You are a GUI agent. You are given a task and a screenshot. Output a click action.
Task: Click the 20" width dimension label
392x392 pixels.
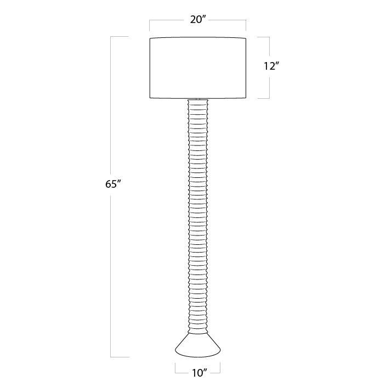click(x=198, y=20)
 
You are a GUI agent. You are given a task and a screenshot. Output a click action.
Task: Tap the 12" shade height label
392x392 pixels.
click(x=271, y=66)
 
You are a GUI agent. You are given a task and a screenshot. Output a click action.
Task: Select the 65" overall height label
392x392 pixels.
click(x=113, y=184)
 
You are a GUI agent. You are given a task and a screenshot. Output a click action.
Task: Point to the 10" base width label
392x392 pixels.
click(x=200, y=373)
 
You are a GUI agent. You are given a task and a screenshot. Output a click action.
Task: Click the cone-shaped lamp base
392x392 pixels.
click(x=198, y=345)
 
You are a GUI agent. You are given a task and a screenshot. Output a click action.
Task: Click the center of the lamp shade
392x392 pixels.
click(x=198, y=68)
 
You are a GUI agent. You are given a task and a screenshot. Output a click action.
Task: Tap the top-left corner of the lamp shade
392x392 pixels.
click(x=150, y=38)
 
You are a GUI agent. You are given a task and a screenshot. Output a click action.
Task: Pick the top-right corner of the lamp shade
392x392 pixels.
click(x=246, y=38)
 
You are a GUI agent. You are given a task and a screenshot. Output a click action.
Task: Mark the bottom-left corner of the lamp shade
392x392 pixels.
click(x=150, y=98)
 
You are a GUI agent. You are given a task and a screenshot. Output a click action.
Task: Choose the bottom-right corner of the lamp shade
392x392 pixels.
click(x=246, y=98)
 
